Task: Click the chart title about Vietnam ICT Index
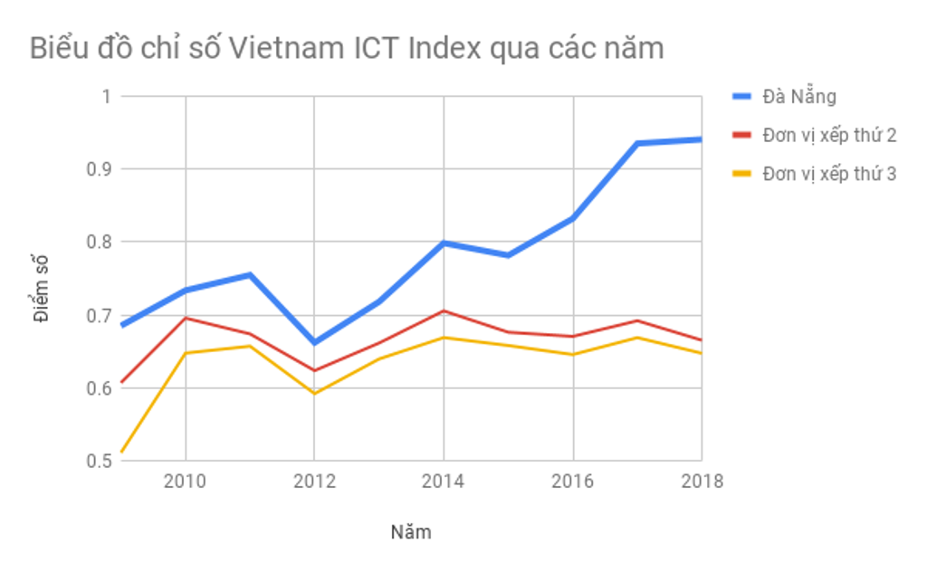tap(347, 47)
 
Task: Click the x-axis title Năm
tap(411, 532)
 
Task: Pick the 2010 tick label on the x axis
tap(185, 482)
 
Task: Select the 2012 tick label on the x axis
tap(314, 482)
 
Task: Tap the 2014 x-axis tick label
tap(443, 482)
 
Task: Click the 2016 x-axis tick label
tap(572, 482)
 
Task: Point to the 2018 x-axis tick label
tap(701, 482)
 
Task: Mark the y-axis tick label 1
tap(104, 96)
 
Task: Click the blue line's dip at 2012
tap(314, 343)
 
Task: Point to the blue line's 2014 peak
tap(444, 243)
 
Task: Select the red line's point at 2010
tap(186, 318)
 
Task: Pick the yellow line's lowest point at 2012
tap(314, 394)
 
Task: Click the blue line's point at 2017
tap(637, 143)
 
